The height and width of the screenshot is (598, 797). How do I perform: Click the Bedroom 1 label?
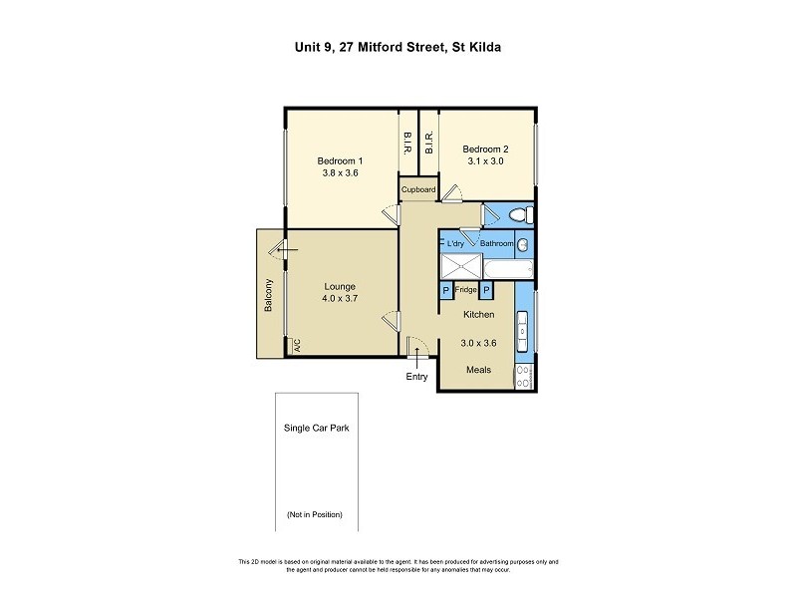click(340, 160)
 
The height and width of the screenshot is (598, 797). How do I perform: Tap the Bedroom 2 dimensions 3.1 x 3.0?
click(486, 161)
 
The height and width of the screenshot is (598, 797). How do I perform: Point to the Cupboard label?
click(418, 189)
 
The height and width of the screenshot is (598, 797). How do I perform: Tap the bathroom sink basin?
click(523, 244)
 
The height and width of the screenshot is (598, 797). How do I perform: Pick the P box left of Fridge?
click(445, 291)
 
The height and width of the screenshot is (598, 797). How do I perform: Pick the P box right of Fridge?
click(487, 291)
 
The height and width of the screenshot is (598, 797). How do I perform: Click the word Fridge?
click(466, 291)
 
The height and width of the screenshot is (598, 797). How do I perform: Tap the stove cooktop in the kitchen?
click(523, 376)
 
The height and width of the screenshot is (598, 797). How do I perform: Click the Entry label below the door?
click(415, 377)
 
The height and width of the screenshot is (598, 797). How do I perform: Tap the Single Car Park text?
click(316, 428)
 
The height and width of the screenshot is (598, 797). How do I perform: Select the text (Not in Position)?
click(315, 514)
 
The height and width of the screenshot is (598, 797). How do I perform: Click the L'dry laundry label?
click(456, 243)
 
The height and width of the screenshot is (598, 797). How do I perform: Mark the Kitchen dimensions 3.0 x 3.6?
click(478, 343)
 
